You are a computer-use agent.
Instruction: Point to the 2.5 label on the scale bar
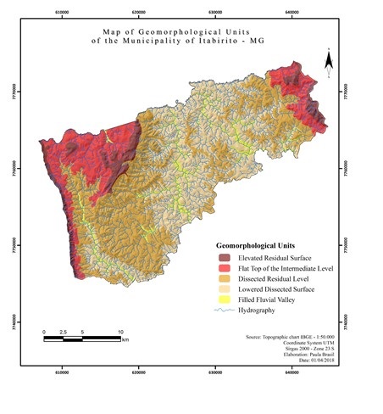pos(64,332)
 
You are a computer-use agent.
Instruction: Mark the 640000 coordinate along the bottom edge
pos(291,372)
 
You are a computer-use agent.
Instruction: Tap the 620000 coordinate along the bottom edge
pos(139,372)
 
